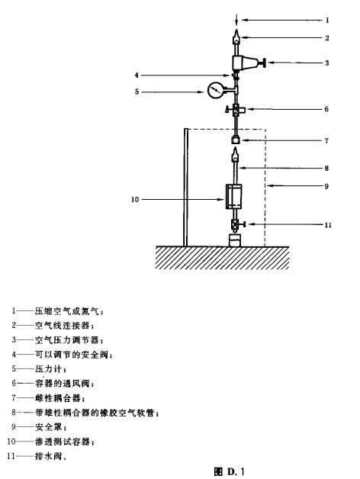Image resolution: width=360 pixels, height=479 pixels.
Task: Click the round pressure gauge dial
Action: pyautogui.click(x=215, y=90)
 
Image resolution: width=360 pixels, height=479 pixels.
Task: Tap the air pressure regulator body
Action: pyautogui.click(x=242, y=63)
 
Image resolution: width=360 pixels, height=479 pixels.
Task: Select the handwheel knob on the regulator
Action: pyautogui.click(x=264, y=63)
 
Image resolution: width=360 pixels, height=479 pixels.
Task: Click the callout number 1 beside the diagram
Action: pyautogui.click(x=327, y=20)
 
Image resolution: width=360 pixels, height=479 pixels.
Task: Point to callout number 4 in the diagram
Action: pyautogui.click(x=137, y=76)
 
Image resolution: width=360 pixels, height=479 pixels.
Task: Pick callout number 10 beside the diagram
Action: pyautogui.click(x=135, y=200)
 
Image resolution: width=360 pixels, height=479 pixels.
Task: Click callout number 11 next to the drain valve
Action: pyautogui.click(x=328, y=225)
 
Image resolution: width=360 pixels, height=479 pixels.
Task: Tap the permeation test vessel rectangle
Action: pyautogui.click(x=234, y=197)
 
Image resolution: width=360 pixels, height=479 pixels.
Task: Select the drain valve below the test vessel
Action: pyautogui.click(x=236, y=225)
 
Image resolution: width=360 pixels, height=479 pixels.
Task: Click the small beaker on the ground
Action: pyautogui.click(x=235, y=240)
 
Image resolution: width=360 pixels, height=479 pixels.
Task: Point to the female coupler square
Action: pyautogui.click(x=236, y=140)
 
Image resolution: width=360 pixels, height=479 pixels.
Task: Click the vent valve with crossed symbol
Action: pyautogui.click(x=236, y=109)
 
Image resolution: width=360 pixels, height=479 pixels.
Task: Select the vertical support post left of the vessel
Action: pyautogui.click(x=185, y=188)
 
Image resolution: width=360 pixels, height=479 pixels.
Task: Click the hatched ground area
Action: pyautogui.click(x=222, y=258)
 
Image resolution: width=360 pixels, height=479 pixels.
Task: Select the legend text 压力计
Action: pyautogui.click(x=49, y=369)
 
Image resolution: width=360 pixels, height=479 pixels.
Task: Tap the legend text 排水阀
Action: pyautogui.click(x=49, y=456)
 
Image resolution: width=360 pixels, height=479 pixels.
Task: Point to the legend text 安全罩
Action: pyautogui.click(x=49, y=427)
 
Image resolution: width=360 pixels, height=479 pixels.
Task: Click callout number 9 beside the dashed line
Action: pyautogui.click(x=326, y=186)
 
